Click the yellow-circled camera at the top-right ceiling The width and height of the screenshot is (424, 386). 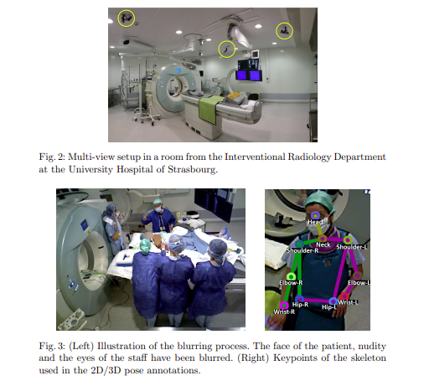coord(286,30)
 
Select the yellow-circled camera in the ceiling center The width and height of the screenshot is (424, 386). coord(227,49)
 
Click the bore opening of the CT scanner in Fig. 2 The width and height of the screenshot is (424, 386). coord(175,87)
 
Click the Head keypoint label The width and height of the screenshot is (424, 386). coord(317,221)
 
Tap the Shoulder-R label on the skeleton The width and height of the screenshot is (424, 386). coord(302,250)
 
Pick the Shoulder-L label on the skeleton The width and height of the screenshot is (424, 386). coord(353,247)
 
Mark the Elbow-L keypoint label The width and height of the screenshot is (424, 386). coord(359,283)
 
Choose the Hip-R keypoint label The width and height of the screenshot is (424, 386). coord(301,305)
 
